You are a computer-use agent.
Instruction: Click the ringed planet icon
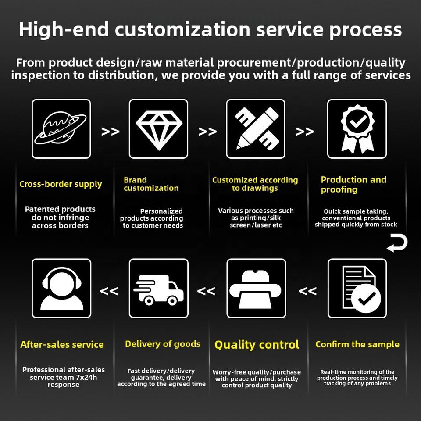(x=61, y=128)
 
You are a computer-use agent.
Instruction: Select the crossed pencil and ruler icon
(x=257, y=128)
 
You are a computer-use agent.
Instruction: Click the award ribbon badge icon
(x=357, y=129)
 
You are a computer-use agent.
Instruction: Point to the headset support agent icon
(x=61, y=289)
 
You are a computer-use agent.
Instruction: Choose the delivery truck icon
(x=159, y=290)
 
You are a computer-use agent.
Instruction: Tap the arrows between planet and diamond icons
(x=111, y=132)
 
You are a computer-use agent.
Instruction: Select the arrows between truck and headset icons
(x=109, y=291)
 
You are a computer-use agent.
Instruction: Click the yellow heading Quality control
(x=257, y=345)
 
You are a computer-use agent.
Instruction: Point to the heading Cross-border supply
(x=61, y=184)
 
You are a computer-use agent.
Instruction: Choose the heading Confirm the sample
(x=357, y=344)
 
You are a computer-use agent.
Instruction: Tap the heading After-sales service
(x=62, y=345)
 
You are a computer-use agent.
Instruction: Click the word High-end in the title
(x=64, y=29)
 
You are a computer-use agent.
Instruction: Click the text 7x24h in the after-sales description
(x=86, y=377)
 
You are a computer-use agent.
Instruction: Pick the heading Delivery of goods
(x=163, y=344)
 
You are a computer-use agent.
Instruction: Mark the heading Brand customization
(x=151, y=184)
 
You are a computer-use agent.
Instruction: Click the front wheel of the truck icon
(x=172, y=301)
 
